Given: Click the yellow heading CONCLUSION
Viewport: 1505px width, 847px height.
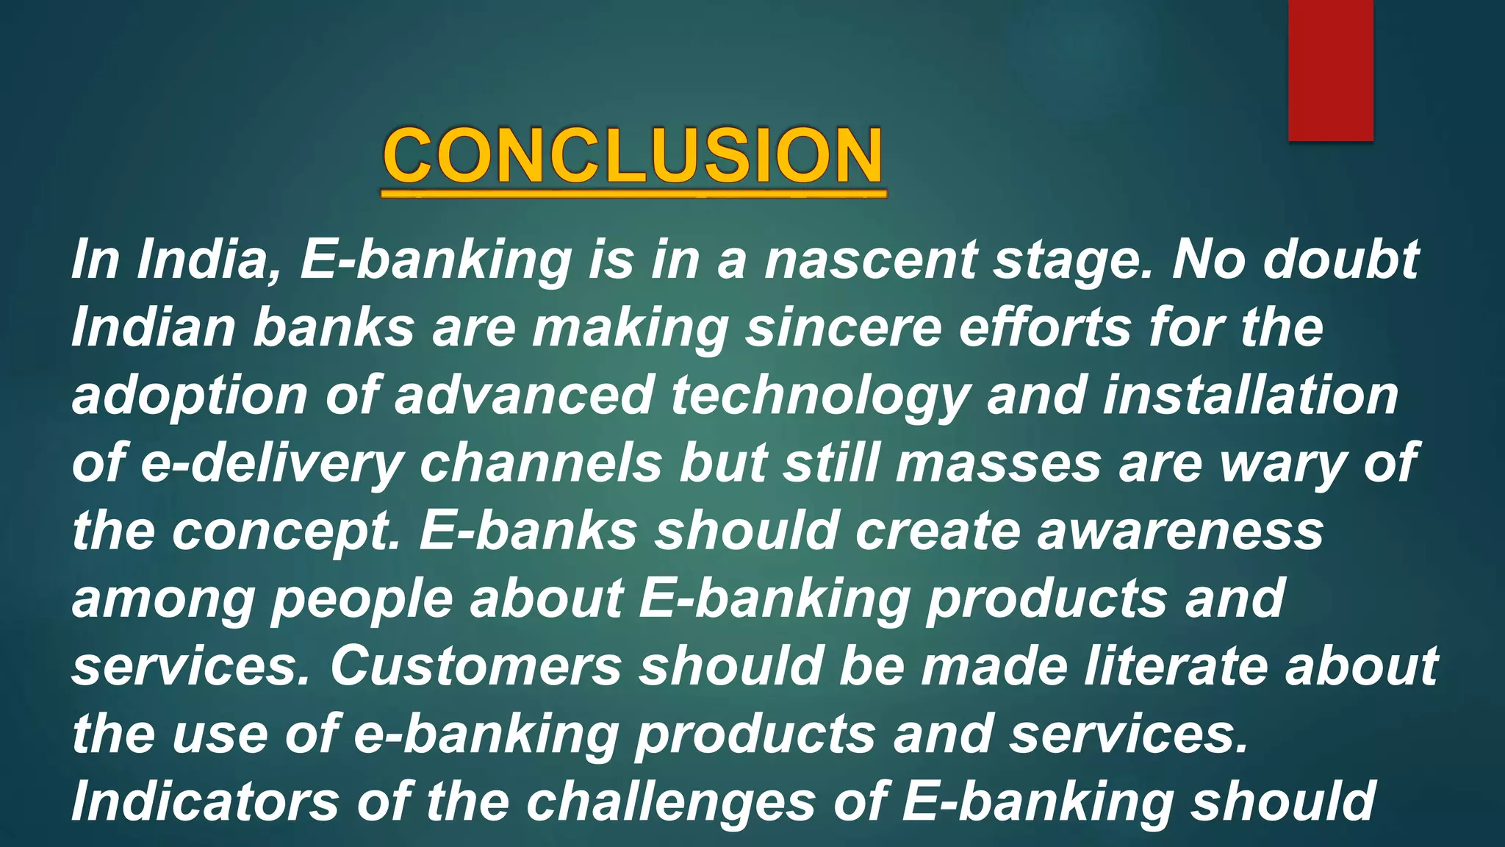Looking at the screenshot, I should coord(633,156).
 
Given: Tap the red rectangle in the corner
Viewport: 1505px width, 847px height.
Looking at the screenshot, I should coord(1330,70).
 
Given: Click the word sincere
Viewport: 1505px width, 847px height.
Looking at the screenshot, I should coord(844,327).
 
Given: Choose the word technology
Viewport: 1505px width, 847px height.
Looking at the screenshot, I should coord(819,396).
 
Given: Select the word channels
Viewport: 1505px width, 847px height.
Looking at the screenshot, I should coord(541,463).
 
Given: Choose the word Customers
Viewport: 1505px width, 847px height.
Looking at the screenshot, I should coord(475,666).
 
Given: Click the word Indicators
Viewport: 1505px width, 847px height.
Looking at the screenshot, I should coord(205,801).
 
